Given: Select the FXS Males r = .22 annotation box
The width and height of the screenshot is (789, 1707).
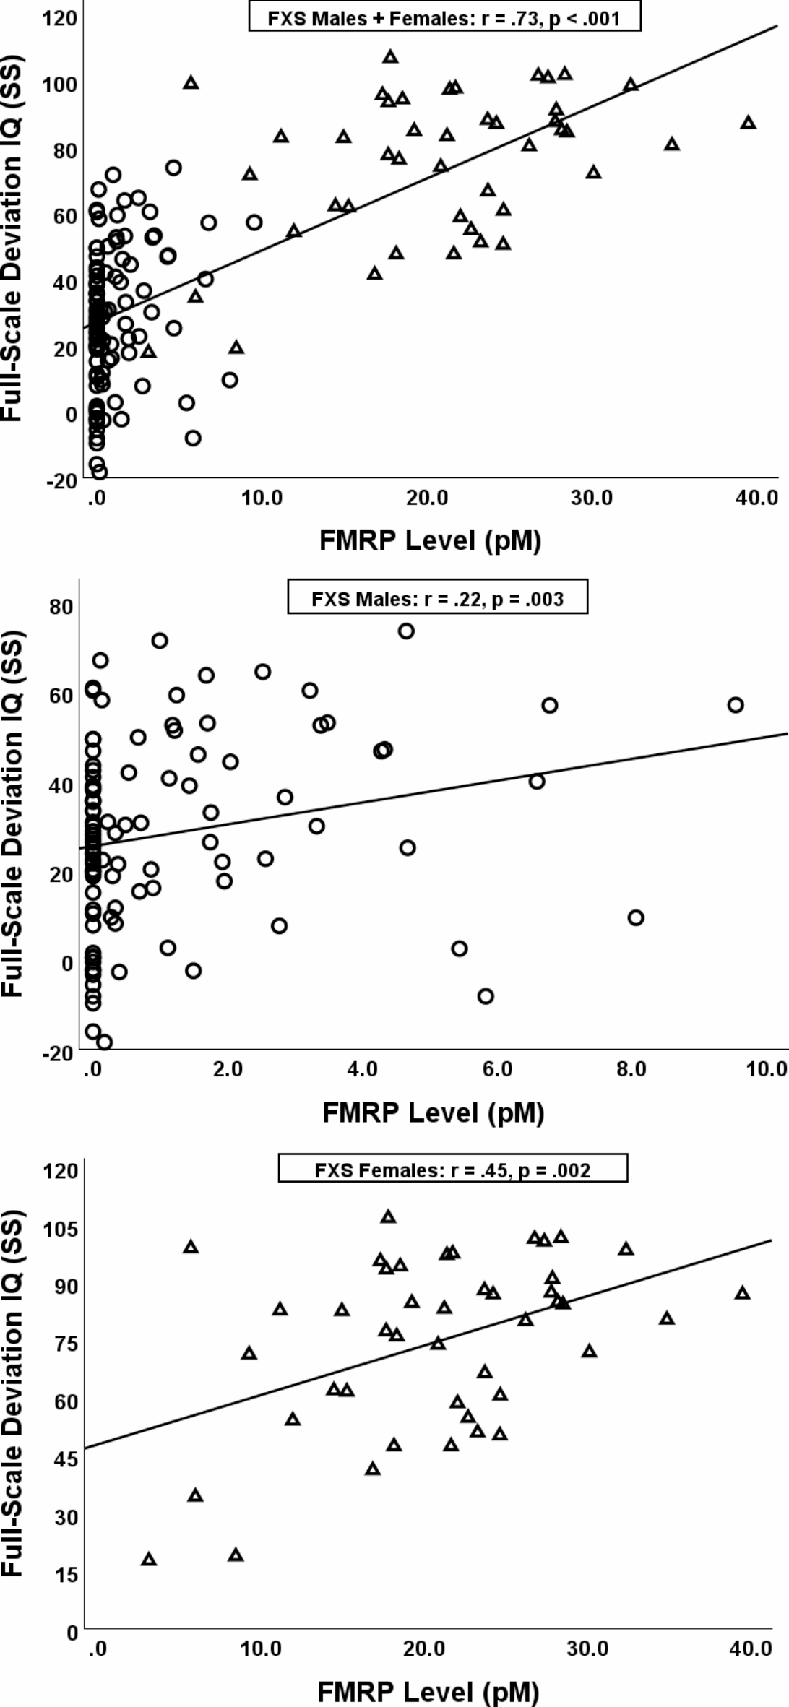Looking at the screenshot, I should click(437, 599).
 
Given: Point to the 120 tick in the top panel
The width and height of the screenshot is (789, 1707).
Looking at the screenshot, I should click(60, 18).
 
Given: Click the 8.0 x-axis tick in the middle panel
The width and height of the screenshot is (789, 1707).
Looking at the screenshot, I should click(631, 1069).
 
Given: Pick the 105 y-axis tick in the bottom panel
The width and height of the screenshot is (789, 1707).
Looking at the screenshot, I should click(60, 1228).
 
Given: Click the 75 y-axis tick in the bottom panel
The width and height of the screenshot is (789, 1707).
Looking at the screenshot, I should click(64, 1344).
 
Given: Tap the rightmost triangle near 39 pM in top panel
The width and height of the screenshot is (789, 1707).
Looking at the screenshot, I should click(749, 122).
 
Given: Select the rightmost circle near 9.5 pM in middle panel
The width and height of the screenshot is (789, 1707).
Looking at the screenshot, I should click(736, 705).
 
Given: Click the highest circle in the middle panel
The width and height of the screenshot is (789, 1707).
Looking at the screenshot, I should click(406, 631).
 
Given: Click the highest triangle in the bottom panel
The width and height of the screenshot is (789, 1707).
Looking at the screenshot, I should click(389, 1217).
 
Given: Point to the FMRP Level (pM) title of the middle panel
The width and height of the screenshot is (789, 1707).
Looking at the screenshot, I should click(433, 1113).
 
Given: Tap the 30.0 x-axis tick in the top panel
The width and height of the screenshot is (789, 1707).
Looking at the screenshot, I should click(592, 498).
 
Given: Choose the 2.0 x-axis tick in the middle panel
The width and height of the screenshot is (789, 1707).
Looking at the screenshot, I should click(228, 1069).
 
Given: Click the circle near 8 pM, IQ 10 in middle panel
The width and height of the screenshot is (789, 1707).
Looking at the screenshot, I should click(636, 918).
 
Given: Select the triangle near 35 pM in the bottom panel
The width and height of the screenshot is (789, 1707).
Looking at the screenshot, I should click(667, 1319).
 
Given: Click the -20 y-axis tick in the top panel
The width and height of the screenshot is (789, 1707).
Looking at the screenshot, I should click(61, 481).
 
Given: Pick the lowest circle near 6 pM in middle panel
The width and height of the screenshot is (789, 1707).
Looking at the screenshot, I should click(486, 996).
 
